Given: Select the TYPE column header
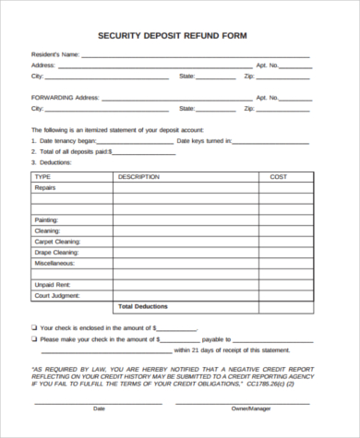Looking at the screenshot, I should coord(42,175).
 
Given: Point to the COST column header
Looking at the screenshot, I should coord(278,175).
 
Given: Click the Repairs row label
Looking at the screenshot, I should coord(46,187).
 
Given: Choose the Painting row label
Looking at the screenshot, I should coord(47,220).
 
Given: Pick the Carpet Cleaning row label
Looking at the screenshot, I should coord(57,241).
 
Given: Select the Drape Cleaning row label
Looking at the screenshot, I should coord(56,252).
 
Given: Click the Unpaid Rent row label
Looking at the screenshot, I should coord(52,285).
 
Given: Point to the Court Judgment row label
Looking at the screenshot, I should coord(55,296).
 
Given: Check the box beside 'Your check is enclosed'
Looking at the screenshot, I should coord(34,327).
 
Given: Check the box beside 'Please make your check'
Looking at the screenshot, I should coord(34,338).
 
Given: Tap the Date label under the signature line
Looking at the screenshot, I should coord(100,408).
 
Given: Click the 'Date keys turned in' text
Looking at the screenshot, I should coord(203,141).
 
